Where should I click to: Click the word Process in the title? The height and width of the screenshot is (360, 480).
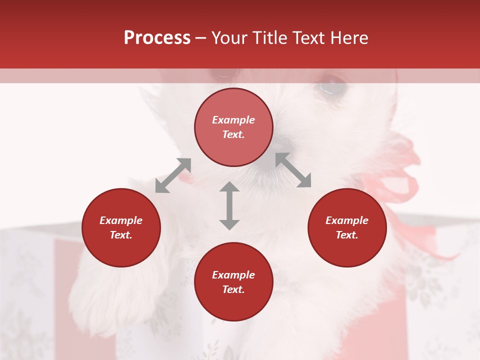click(x=157, y=38)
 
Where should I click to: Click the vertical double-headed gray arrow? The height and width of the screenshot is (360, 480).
click(x=229, y=205)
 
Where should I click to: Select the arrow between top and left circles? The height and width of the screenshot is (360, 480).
click(x=173, y=175)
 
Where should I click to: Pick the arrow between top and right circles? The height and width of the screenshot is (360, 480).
click(x=293, y=170)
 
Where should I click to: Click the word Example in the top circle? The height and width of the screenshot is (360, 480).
click(x=233, y=120)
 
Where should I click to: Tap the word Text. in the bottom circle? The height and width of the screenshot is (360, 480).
click(x=233, y=289)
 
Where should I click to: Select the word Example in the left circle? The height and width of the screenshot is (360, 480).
click(x=121, y=220)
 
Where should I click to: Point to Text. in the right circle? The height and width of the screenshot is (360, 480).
click(x=347, y=235)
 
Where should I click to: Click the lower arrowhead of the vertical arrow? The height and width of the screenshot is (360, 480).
click(x=229, y=223)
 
